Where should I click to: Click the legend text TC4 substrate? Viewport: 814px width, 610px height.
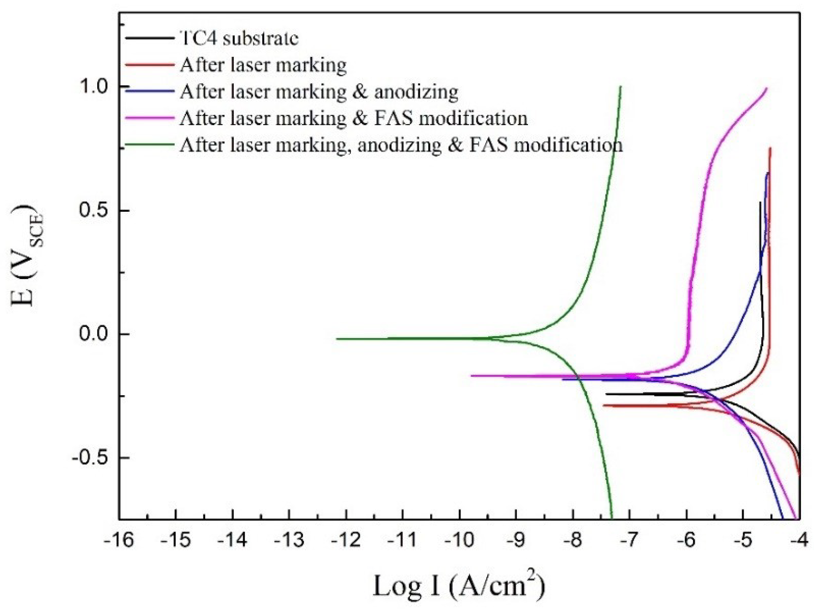pos(239,38)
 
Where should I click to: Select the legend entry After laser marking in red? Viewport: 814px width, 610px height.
pos(263,65)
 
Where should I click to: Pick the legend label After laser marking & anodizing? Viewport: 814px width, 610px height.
pos(319,91)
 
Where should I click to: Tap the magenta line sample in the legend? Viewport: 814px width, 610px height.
pos(149,118)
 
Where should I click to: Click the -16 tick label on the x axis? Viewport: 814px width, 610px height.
pos(118,541)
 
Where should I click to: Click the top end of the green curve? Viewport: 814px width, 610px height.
pos(620,87)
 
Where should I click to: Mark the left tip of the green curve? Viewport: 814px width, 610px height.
pos(337,339)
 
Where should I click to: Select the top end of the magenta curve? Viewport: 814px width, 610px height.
pos(766,88)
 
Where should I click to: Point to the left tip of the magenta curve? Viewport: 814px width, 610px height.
pos(472,376)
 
